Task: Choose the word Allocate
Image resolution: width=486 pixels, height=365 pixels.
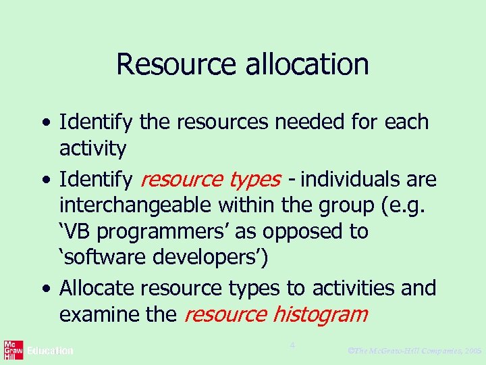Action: [97, 289]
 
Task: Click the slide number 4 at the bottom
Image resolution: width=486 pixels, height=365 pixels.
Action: [292, 345]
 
